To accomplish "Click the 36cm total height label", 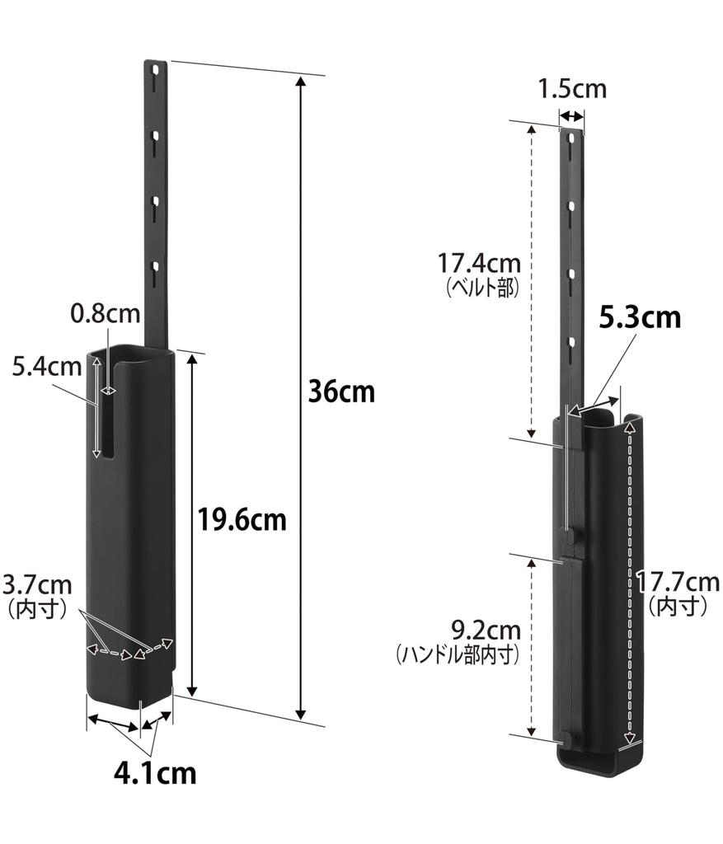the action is [341, 392].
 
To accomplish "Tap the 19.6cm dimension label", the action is [242, 520].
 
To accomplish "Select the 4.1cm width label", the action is [155, 773].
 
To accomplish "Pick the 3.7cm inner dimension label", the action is [37, 584].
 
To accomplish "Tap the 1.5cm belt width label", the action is [573, 89].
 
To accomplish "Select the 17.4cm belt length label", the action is [479, 264].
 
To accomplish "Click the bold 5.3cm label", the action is [640, 317].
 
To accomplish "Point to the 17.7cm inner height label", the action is [677, 582].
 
